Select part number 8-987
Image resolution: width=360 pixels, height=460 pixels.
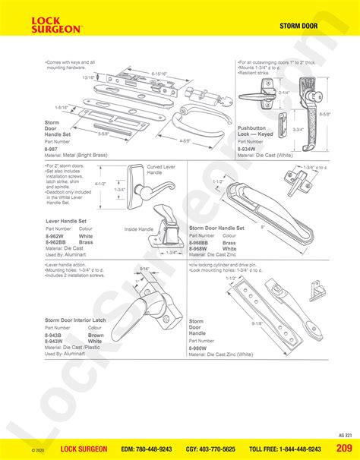52,150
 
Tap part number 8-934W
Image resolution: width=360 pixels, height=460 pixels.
247,149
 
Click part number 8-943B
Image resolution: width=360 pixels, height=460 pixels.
54,336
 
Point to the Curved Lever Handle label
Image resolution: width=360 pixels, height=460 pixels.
160,169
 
